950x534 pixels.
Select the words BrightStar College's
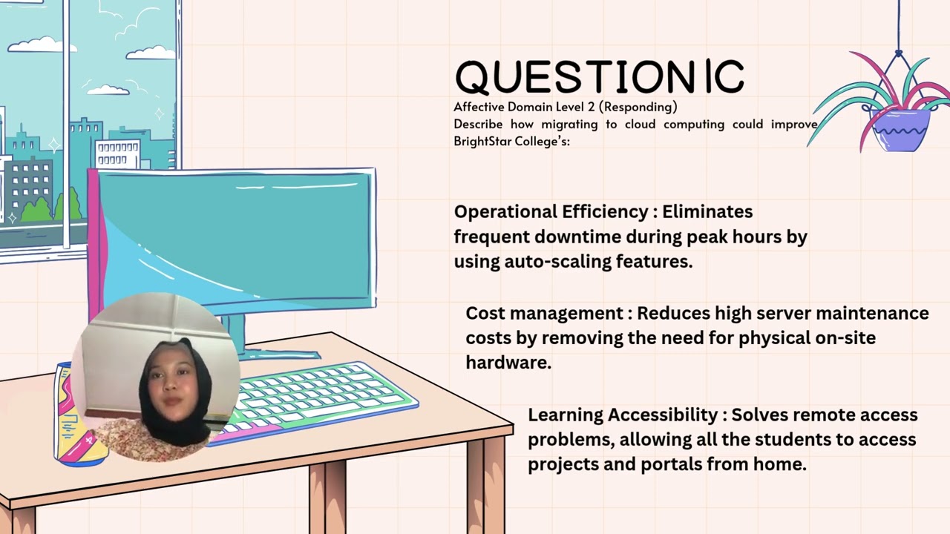click(x=511, y=141)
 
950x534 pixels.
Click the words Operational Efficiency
click(x=551, y=212)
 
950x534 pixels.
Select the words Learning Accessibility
click(x=622, y=415)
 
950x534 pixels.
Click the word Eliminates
click(x=707, y=212)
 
